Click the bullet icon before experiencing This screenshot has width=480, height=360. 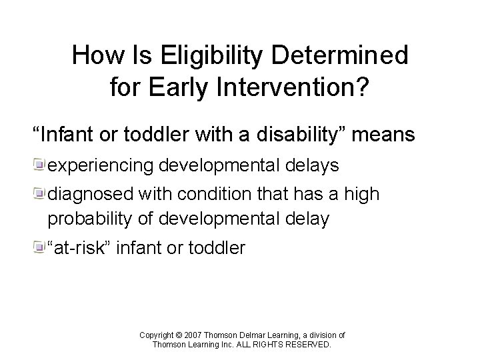[40, 165]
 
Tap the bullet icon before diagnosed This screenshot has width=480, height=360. [40, 195]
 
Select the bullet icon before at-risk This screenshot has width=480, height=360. [40, 249]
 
